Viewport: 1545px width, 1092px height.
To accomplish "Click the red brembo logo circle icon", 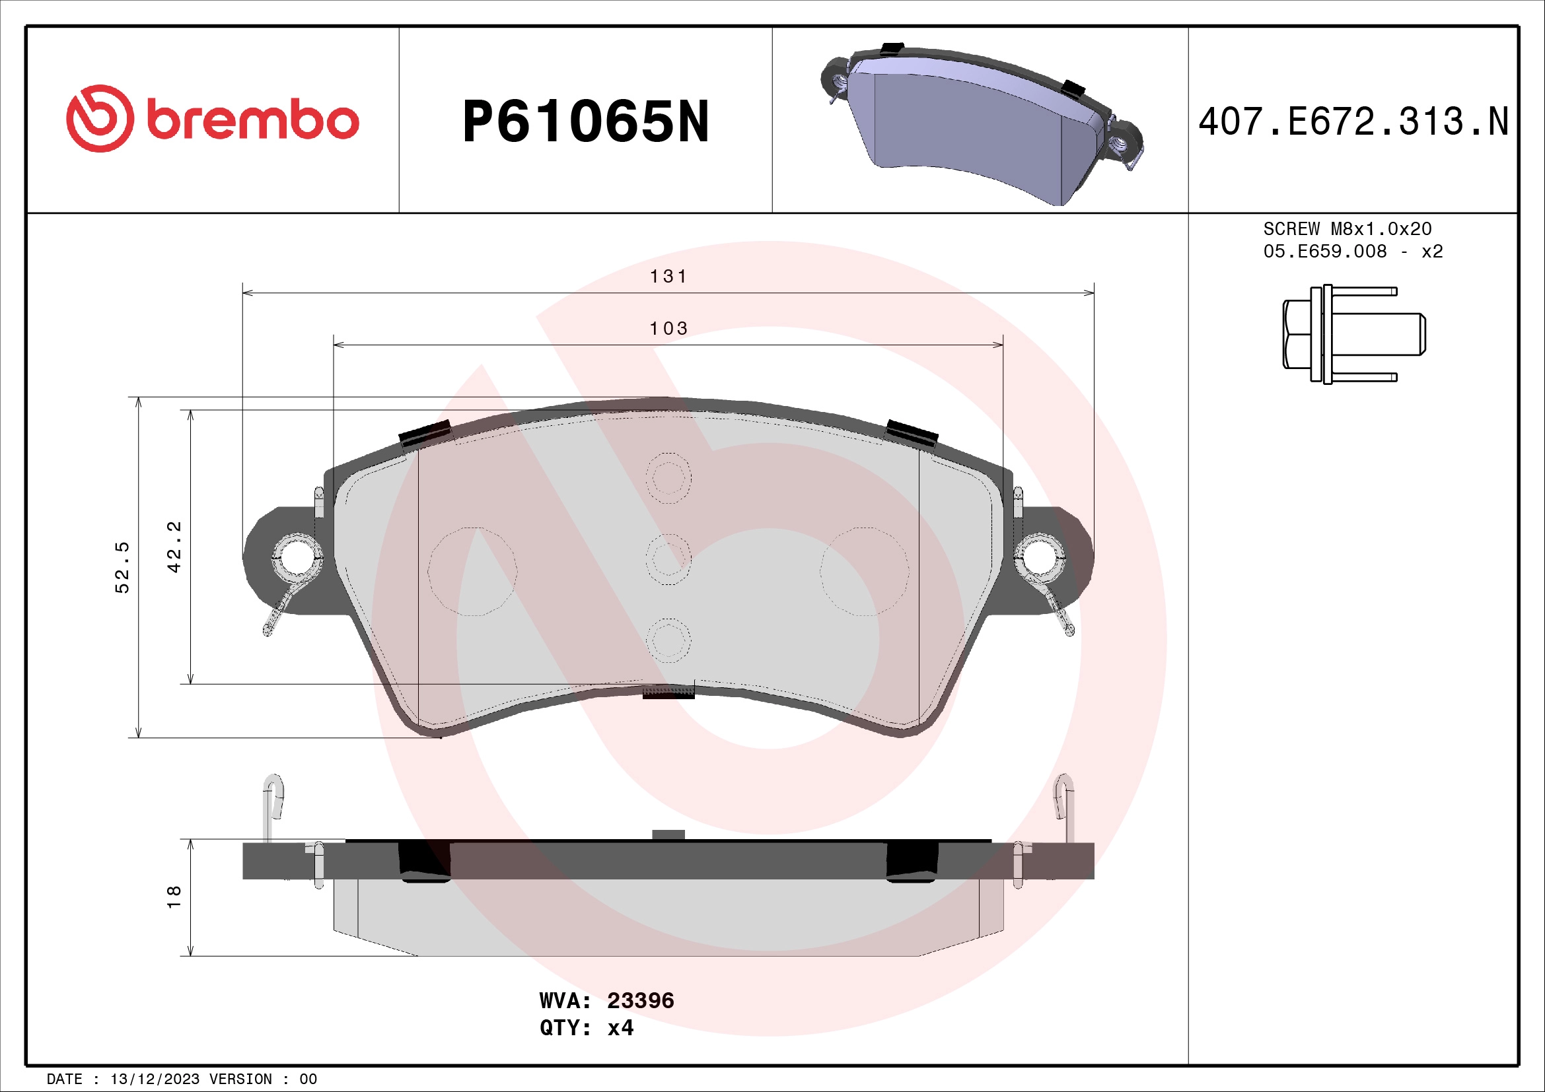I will [x=100, y=118].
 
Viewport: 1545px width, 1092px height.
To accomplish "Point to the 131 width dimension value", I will [x=668, y=277].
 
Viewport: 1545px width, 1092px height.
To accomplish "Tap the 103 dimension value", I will [x=668, y=328].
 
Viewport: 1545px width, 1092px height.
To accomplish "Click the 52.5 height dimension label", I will [x=122, y=567].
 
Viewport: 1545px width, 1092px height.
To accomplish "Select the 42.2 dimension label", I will [x=174, y=547].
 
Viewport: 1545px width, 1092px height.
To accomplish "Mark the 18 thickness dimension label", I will [x=174, y=897].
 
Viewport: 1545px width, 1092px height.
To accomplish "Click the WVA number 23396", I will [x=640, y=1000].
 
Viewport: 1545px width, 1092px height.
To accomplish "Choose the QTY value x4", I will [x=620, y=1028].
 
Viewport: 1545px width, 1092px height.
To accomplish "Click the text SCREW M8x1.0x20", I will [x=1347, y=229].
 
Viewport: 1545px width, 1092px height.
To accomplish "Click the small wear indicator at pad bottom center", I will [x=668, y=693].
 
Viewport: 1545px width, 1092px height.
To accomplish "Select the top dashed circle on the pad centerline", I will [x=668, y=478].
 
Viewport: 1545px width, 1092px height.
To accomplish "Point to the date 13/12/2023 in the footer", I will [x=155, y=1079].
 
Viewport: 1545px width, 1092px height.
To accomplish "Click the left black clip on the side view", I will [x=424, y=861].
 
